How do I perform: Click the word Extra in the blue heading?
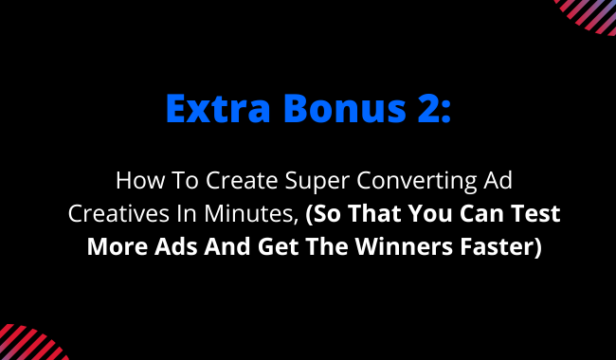pyautogui.click(x=218, y=108)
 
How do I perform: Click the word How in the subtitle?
pyautogui.click(x=138, y=180)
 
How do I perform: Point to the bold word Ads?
pyautogui.click(x=176, y=246)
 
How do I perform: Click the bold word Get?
pyautogui.click(x=278, y=246)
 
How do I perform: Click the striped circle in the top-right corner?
pyautogui.click(x=589, y=14)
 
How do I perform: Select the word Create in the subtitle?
pyautogui.click(x=242, y=180)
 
